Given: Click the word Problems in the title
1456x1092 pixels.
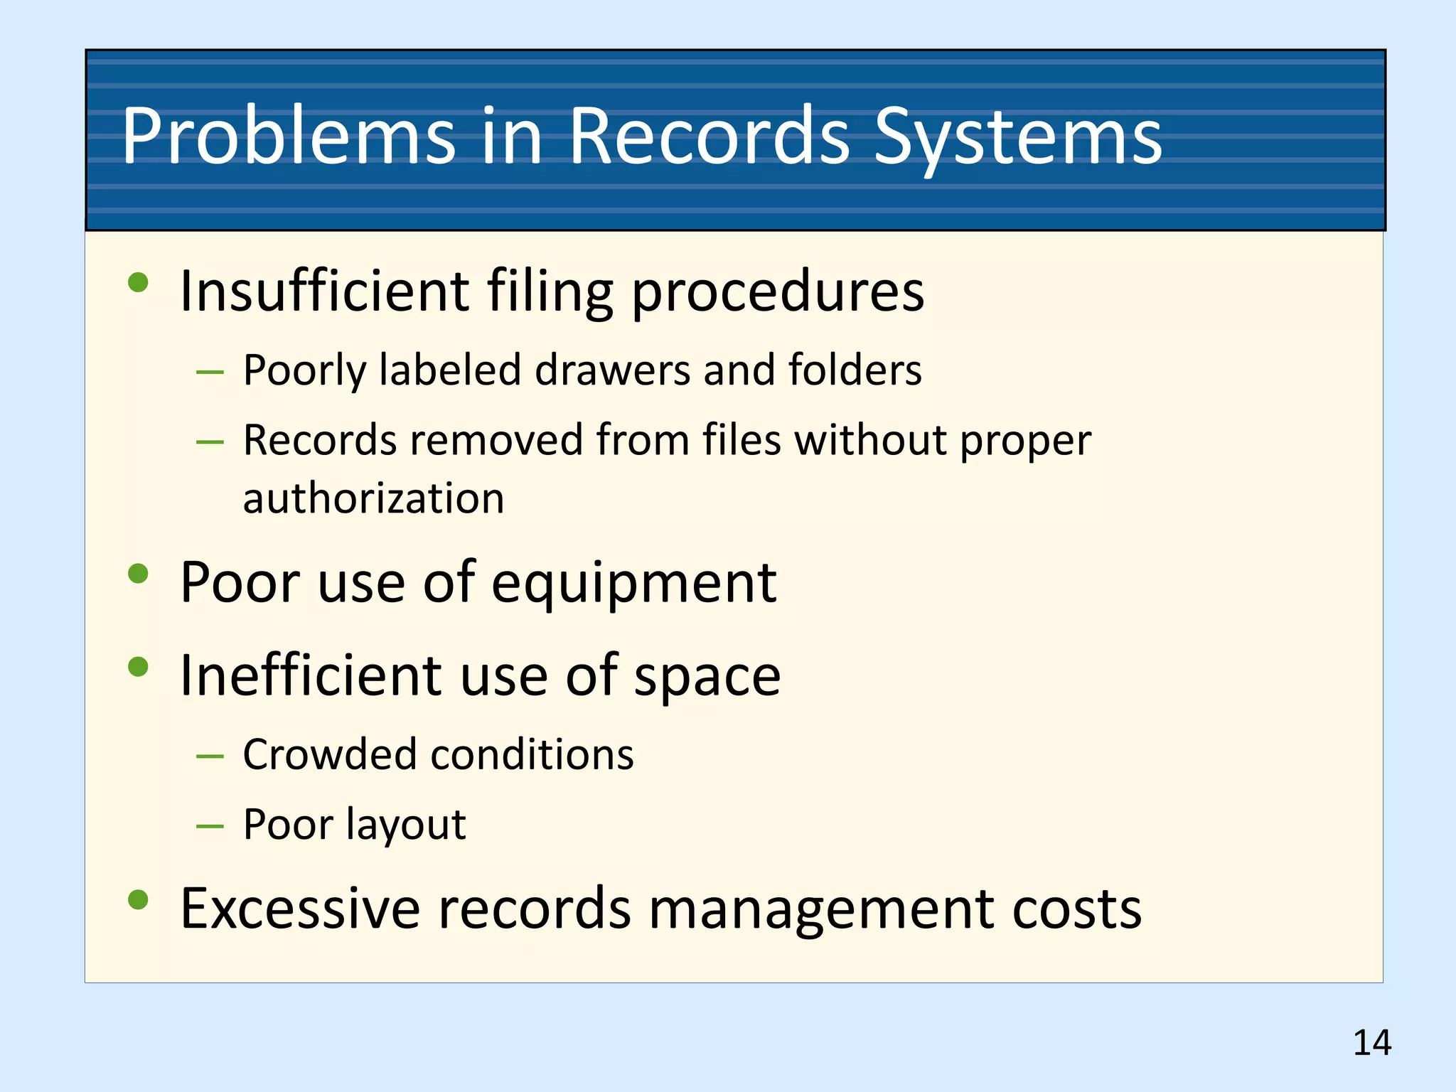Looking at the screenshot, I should tap(289, 136).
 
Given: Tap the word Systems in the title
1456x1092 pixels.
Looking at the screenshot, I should tap(1017, 136).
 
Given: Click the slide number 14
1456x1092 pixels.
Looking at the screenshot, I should tap(1371, 1043).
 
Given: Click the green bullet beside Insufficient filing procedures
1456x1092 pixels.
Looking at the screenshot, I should tap(138, 283).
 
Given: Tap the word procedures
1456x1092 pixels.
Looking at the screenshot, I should tap(778, 293).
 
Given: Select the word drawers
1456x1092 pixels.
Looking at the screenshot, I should tap(612, 370).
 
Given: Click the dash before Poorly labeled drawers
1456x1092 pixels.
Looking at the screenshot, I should tap(210, 373).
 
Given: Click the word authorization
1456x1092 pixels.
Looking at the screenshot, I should tap(373, 498).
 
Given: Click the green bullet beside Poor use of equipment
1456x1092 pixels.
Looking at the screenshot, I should tap(138, 573).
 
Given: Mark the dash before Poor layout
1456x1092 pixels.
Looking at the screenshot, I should tap(210, 827).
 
